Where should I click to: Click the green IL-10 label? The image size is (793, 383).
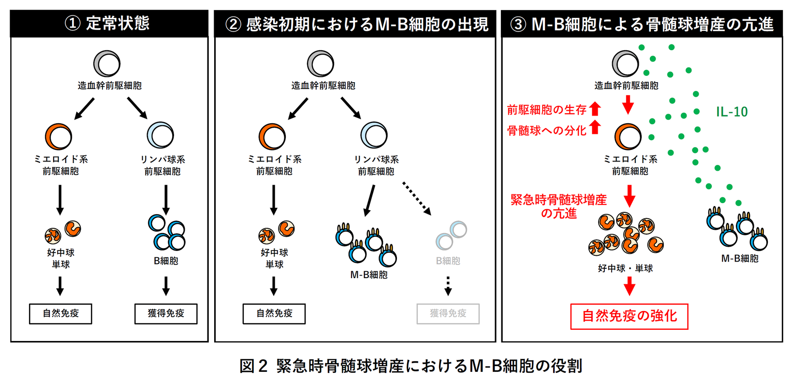(x=732, y=112)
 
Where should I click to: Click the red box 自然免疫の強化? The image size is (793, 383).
(x=629, y=316)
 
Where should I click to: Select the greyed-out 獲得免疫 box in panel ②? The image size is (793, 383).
(x=448, y=314)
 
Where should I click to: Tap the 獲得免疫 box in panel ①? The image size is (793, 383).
(x=166, y=314)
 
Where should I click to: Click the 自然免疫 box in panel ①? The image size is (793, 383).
(x=60, y=314)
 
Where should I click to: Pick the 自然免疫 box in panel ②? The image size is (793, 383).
(x=274, y=314)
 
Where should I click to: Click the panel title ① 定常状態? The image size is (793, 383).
(x=107, y=24)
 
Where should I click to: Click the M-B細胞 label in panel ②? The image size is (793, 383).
(x=369, y=275)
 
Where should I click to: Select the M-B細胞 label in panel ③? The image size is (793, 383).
(x=740, y=258)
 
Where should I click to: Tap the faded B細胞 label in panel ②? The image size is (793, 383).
(x=448, y=261)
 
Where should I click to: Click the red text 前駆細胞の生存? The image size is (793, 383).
(x=546, y=110)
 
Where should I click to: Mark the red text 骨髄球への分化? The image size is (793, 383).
(x=546, y=131)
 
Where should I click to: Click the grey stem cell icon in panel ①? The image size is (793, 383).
(x=107, y=63)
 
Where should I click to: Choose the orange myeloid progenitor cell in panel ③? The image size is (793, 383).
(x=628, y=137)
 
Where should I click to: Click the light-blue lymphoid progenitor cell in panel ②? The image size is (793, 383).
(x=374, y=135)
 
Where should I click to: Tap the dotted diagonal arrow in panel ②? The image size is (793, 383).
(x=417, y=199)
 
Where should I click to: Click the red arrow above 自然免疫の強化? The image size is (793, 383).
(x=629, y=286)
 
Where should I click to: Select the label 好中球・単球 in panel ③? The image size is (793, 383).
(x=625, y=268)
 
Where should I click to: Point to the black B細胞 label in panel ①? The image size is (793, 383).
(x=166, y=261)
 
